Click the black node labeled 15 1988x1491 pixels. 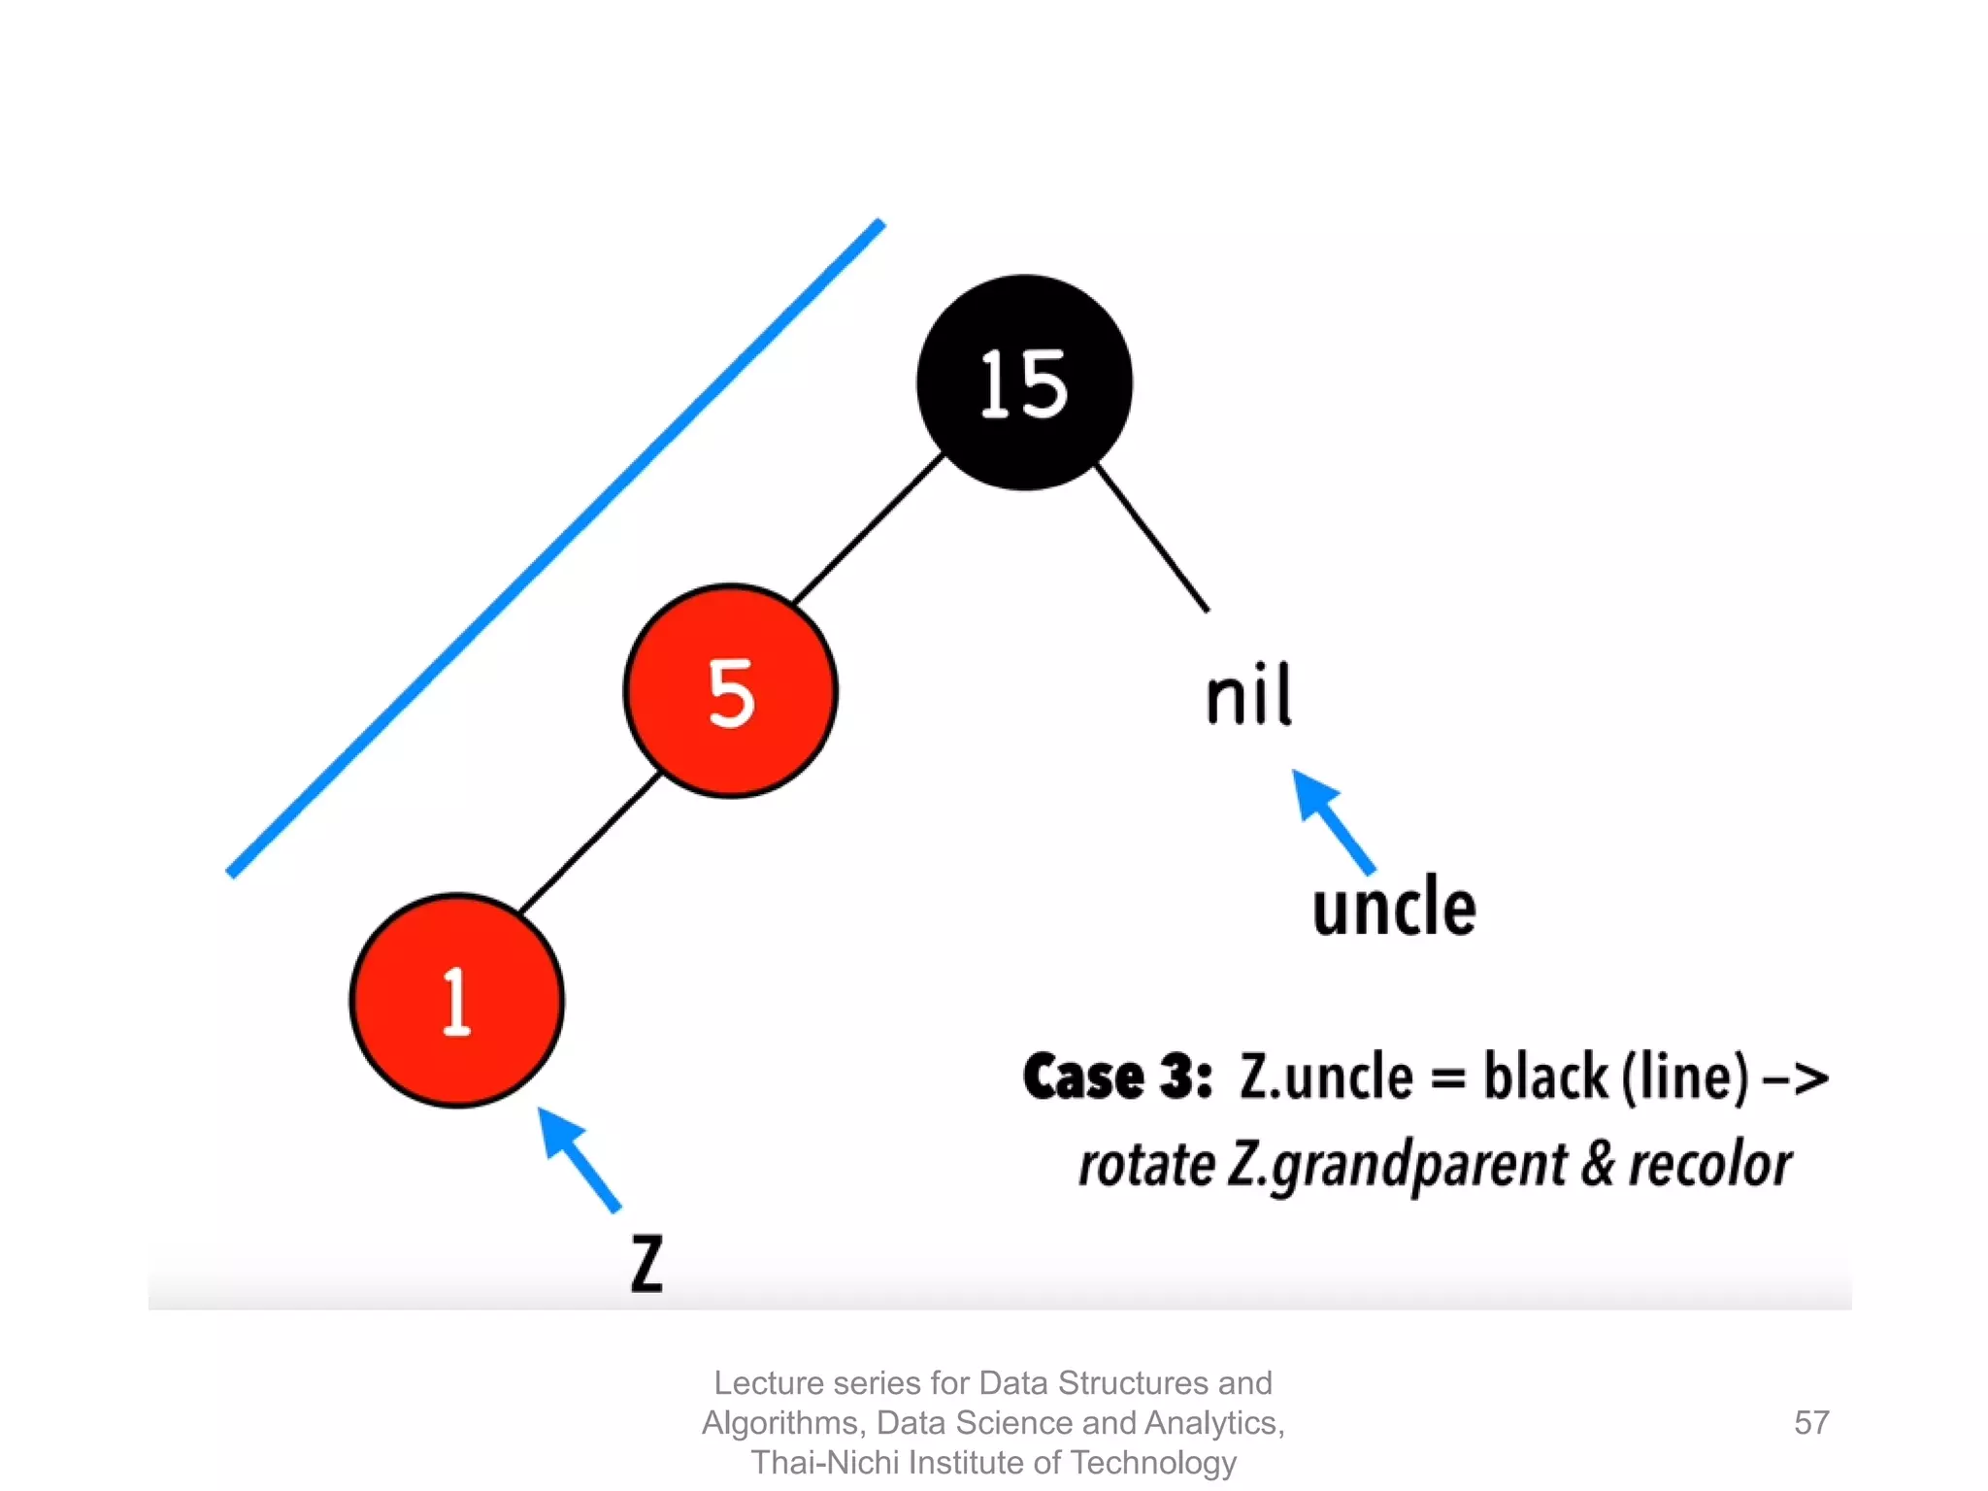click(x=1024, y=382)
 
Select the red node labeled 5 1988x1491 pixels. click(x=731, y=691)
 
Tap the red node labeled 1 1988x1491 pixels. click(x=457, y=1000)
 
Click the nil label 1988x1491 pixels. click(x=1248, y=695)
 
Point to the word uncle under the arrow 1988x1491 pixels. click(x=1394, y=907)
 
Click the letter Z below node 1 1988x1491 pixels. click(x=646, y=1264)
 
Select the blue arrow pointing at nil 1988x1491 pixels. click(x=1332, y=819)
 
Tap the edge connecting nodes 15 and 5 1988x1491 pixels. click(x=868, y=528)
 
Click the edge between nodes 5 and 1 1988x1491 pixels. click(x=590, y=843)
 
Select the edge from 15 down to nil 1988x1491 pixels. click(x=1151, y=538)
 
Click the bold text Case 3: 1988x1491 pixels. click(x=1117, y=1077)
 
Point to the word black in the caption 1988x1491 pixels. click(x=1545, y=1077)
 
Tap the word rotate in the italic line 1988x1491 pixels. click(x=1145, y=1164)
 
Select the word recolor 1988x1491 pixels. click(x=1708, y=1164)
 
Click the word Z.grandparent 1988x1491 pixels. click(x=1396, y=1166)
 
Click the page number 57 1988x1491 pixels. click(x=1811, y=1422)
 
